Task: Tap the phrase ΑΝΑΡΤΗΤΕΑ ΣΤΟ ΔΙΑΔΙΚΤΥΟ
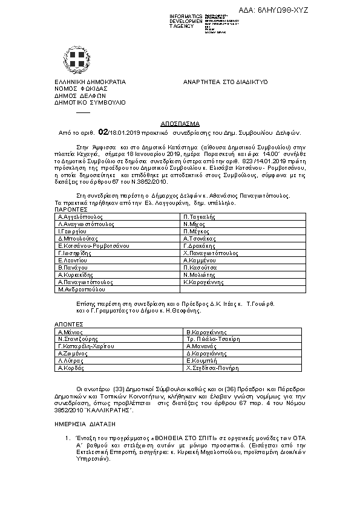click(225, 81)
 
